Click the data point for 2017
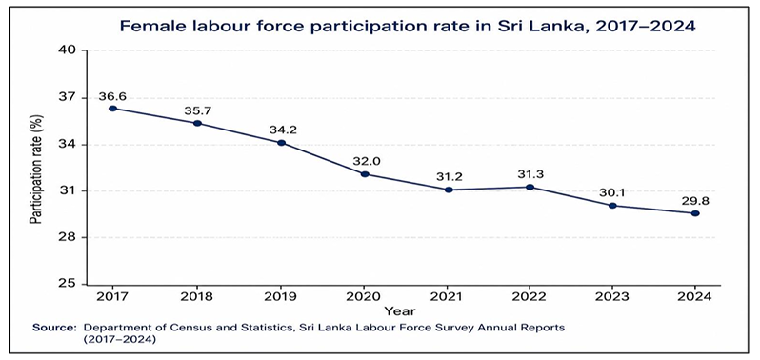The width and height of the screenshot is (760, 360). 113,109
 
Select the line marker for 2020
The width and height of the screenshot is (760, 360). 365,174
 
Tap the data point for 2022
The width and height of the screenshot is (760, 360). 530,187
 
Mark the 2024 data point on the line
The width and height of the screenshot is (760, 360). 695,213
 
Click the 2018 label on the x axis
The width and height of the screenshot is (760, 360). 197,297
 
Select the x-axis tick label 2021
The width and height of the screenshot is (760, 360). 449,297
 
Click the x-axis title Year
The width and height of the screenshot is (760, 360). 400,310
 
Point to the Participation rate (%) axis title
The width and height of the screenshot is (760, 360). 37,170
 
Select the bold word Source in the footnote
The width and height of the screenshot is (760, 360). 54,328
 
